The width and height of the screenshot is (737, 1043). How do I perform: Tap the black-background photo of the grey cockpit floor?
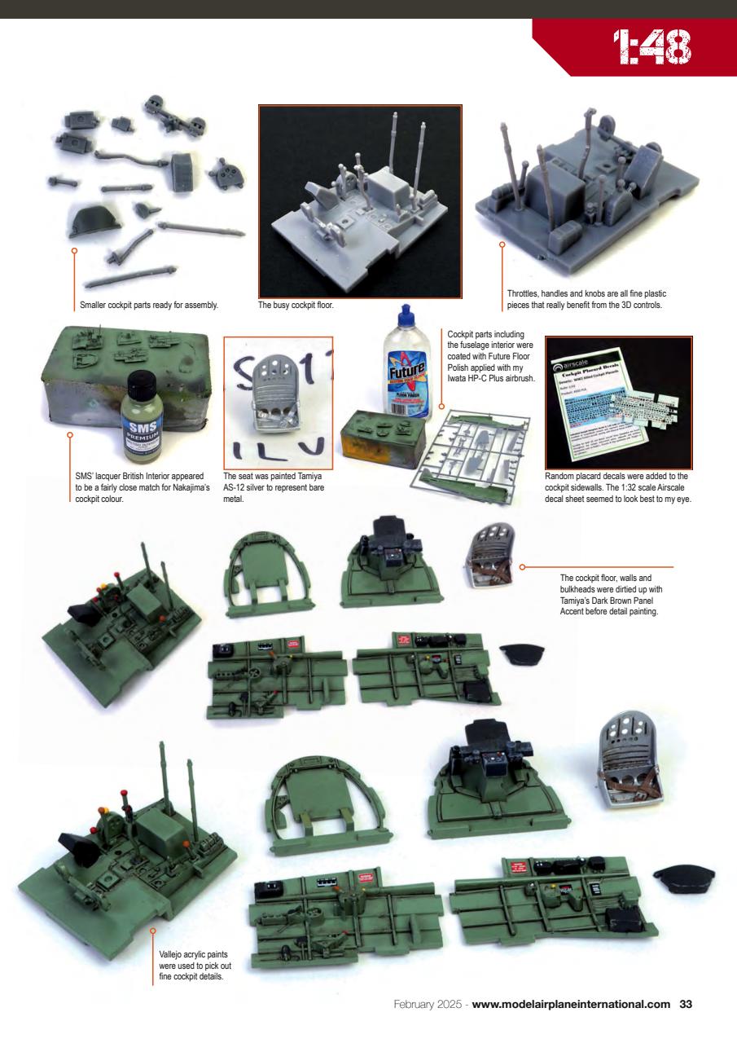[x=360, y=200]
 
